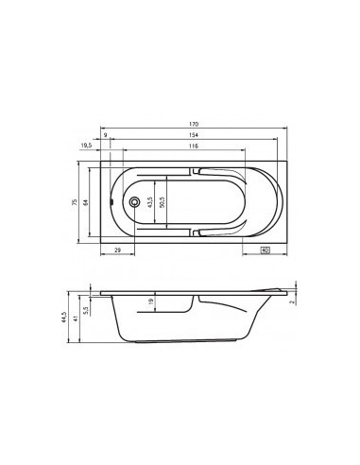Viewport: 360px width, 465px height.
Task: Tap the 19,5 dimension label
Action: (86, 147)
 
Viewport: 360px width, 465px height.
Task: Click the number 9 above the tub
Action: (105, 136)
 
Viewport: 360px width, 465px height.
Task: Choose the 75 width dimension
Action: (75, 202)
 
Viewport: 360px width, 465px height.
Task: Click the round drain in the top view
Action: (134, 202)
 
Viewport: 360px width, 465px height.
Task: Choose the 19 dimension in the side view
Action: (151, 302)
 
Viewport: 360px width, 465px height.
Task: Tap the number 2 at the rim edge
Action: (294, 302)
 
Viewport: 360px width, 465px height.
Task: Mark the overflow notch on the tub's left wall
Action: (112, 202)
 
